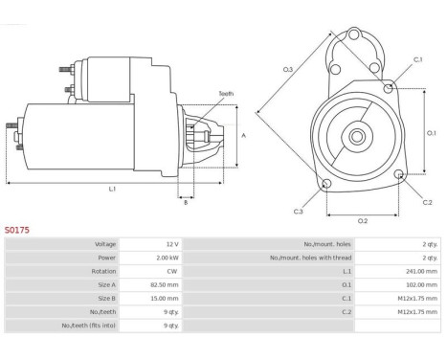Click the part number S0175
(x=17, y=230)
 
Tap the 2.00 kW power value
(x=168, y=258)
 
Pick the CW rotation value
(x=172, y=271)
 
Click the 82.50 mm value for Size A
(x=165, y=285)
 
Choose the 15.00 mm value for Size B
(x=165, y=299)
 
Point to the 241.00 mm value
(x=421, y=271)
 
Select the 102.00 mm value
(x=421, y=285)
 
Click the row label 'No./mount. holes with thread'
(x=310, y=258)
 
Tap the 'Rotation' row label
(x=103, y=271)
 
